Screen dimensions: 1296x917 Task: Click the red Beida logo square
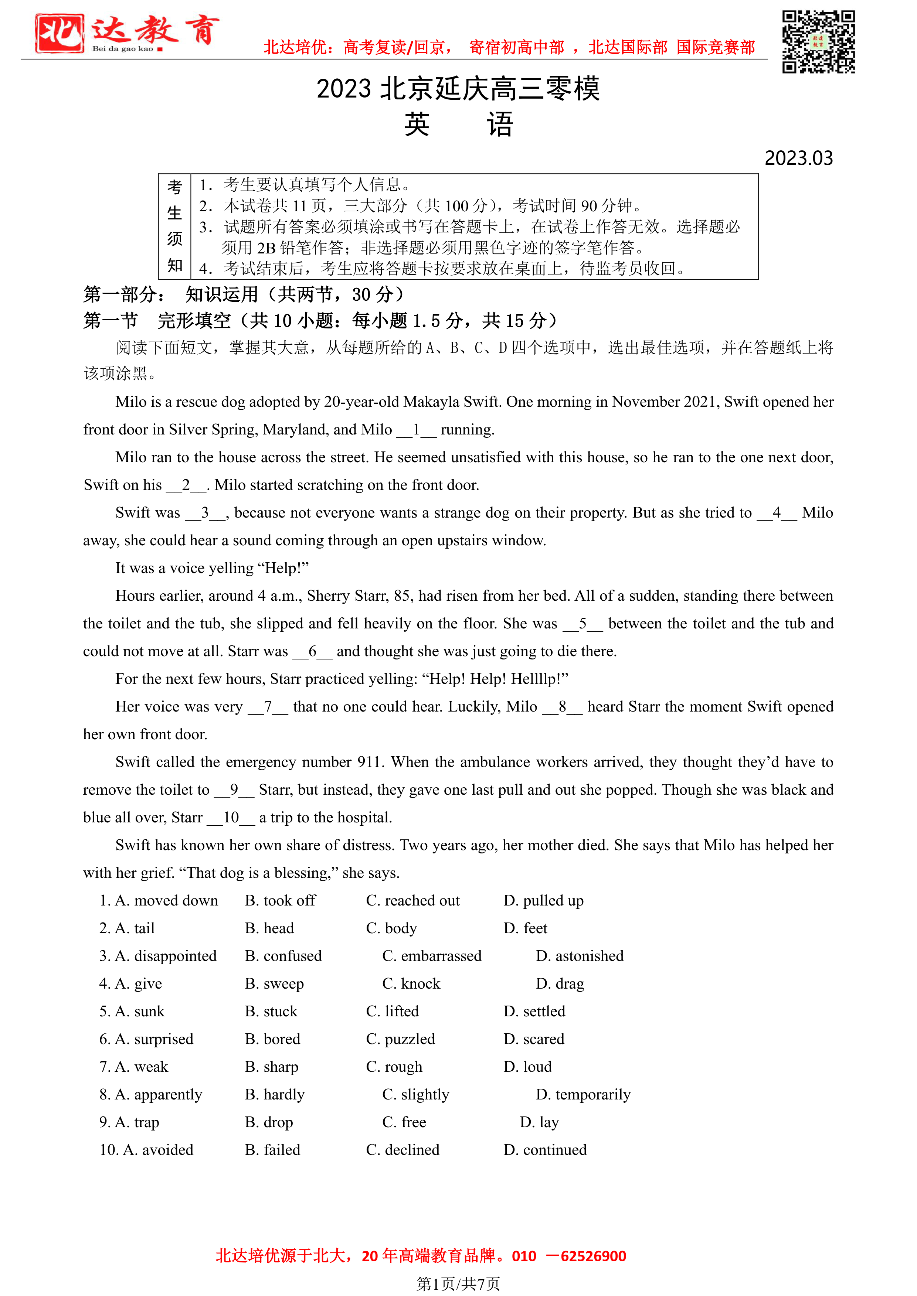[x=59, y=34]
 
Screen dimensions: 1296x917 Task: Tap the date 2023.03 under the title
[x=798, y=158]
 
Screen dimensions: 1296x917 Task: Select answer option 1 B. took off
[x=280, y=901]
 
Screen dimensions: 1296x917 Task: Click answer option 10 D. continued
[x=545, y=1150]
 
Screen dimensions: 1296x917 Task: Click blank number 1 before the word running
[x=416, y=430]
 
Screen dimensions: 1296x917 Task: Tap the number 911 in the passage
[x=370, y=763]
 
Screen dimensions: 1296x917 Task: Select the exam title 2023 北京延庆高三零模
[x=458, y=89]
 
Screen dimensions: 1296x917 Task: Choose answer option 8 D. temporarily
[x=583, y=1095]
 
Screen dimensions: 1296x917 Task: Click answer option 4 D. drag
[x=560, y=984]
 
